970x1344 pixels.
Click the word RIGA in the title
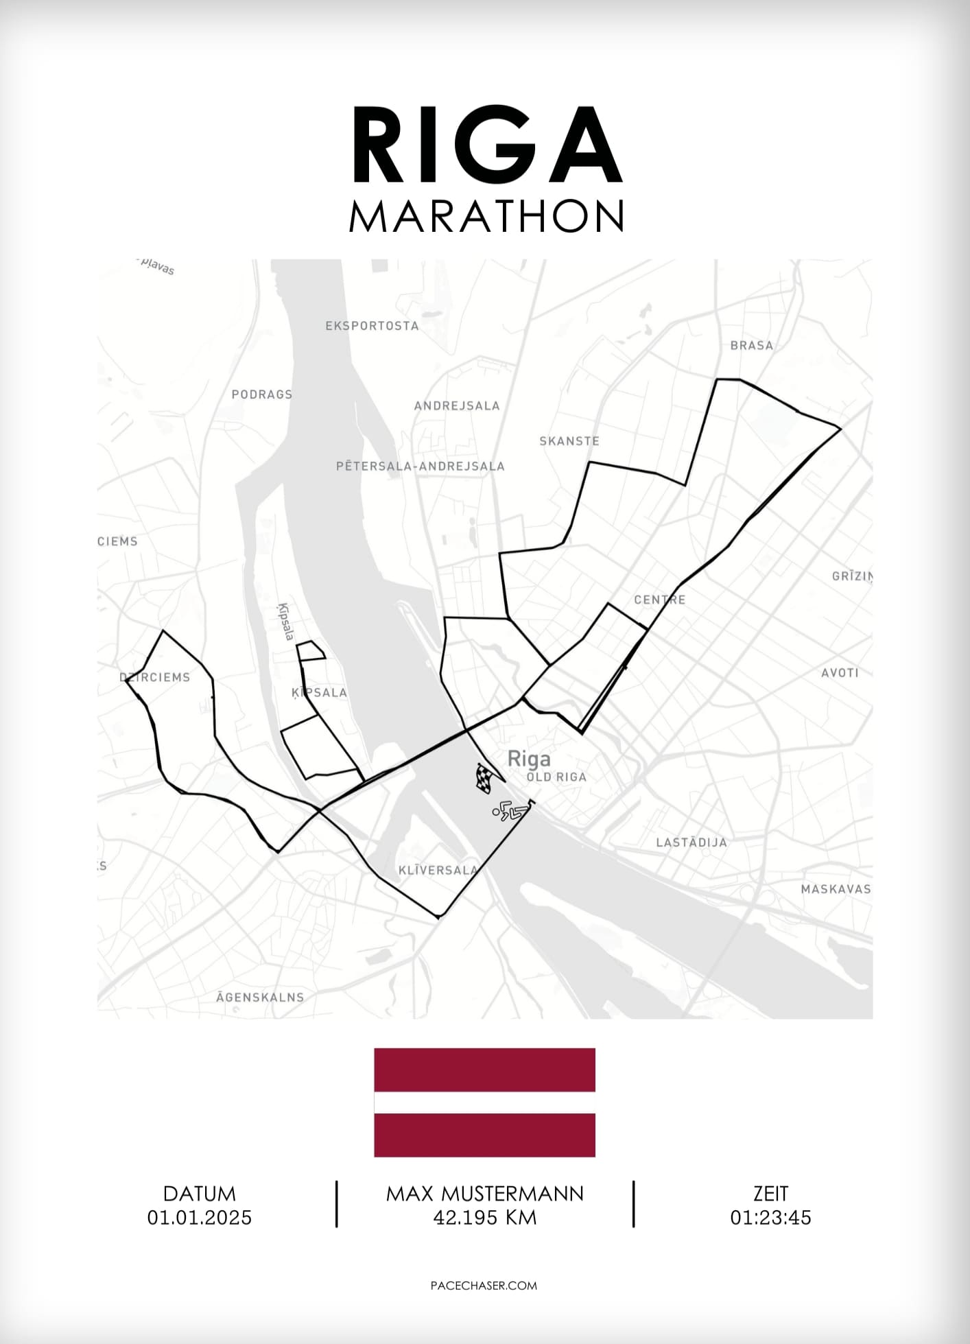486,145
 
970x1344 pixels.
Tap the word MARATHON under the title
486,216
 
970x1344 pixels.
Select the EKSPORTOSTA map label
372,326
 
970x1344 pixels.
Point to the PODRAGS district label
262,394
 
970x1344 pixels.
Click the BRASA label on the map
752,345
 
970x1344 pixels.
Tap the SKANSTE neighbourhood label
569,441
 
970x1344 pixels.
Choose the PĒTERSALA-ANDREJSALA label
421,467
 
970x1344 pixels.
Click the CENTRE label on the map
659,600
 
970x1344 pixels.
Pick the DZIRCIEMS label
155,677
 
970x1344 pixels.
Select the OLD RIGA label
556,777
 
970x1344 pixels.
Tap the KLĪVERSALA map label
438,870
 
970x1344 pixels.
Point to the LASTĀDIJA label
691,842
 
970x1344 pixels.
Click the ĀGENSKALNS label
260,997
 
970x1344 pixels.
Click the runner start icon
508,812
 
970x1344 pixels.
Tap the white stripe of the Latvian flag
484,1102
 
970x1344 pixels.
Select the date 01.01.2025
200,1217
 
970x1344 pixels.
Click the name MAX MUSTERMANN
485,1194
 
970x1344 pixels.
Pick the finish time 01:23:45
770,1217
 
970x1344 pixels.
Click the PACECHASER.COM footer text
484,1285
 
